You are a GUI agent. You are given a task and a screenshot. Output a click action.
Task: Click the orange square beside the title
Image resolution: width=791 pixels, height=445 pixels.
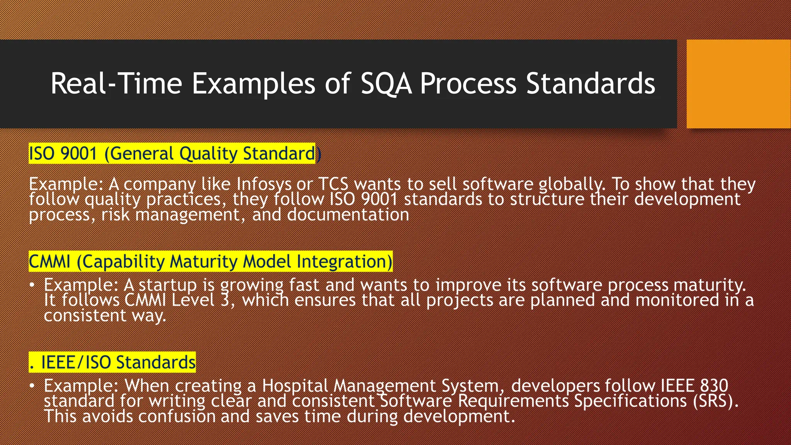click(x=738, y=83)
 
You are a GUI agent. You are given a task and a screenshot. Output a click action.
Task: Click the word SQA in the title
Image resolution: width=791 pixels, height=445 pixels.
click(x=386, y=83)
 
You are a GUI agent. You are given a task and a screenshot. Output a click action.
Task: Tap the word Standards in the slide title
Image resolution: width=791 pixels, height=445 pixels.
click(x=591, y=83)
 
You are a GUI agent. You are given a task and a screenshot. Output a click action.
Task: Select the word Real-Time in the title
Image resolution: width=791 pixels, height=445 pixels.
click(x=116, y=83)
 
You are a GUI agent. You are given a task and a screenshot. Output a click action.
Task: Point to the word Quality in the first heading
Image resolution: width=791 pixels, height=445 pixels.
click(x=208, y=154)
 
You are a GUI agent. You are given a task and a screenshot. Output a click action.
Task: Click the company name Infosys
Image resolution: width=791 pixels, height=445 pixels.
click(x=264, y=184)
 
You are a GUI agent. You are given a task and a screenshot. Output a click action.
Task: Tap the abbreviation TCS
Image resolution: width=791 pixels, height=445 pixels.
click(x=334, y=184)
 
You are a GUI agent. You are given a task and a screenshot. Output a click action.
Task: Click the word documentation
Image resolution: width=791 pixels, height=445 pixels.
click(x=348, y=215)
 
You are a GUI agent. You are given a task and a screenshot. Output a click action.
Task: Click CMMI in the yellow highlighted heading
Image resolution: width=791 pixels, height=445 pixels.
click(x=49, y=262)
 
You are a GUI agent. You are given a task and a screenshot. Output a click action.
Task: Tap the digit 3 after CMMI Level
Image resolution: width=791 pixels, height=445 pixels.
click(x=225, y=300)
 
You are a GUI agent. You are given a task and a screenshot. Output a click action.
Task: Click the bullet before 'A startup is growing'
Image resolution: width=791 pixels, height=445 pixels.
click(x=32, y=285)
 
